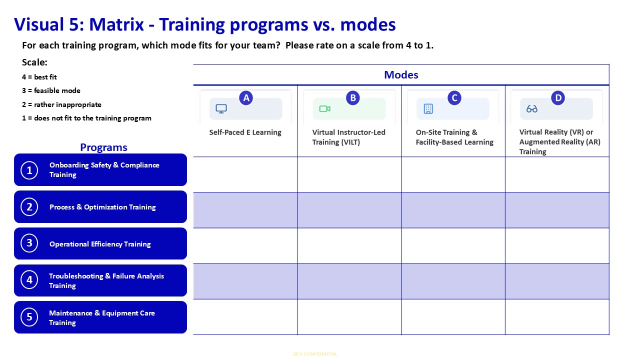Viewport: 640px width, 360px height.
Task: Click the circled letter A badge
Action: point(246,98)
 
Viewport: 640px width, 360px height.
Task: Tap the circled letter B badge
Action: point(353,98)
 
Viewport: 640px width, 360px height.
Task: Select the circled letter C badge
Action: point(454,98)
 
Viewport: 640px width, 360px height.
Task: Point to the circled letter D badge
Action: point(558,98)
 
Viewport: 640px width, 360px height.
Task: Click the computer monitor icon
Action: point(221,108)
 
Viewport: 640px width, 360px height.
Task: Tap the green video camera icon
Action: point(325,109)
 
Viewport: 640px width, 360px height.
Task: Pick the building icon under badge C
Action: point(428,109)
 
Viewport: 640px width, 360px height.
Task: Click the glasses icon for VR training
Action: point(532,109)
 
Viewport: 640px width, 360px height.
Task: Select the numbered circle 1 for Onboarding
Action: point(29,170)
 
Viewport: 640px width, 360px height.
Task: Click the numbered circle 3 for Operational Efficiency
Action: point(29,243)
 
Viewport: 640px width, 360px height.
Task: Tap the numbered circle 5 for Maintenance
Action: point(29,317)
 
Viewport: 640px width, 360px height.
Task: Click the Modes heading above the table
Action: point(401,75)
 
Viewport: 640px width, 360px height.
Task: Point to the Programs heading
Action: point(103,147)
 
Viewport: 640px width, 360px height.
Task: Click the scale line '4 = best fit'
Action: point(39,77)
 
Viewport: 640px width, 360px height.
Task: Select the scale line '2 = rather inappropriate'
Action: point(61,104)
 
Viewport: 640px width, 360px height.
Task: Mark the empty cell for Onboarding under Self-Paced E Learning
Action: point(245,174)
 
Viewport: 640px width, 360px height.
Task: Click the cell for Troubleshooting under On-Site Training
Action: point(453,281)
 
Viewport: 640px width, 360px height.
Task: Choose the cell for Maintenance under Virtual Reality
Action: point(557,317)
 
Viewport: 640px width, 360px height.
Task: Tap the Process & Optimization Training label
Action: point(102,207)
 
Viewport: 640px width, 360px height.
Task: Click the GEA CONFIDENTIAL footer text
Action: point(315,354)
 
